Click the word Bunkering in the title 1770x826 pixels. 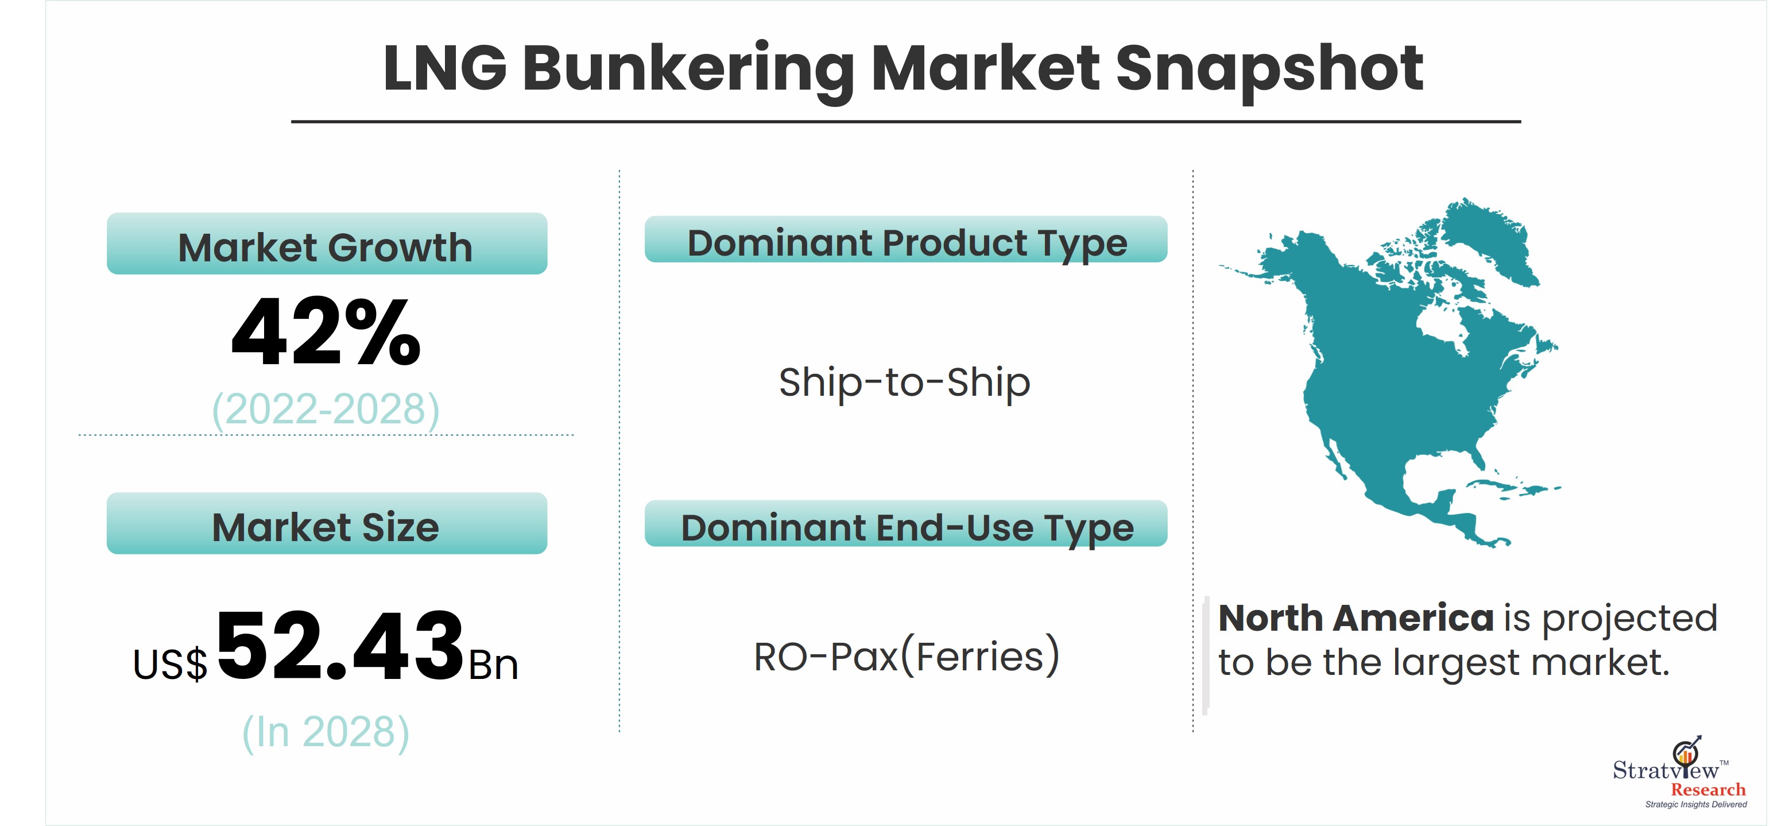pos(688,70)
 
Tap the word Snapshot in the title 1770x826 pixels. pos(1269,70)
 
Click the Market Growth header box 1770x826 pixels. pos(327,244)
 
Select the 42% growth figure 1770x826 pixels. pos(326,333)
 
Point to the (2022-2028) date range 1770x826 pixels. pos(326,410)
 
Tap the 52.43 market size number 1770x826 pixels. pos(340,646)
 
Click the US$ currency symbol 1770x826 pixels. pos(170,665)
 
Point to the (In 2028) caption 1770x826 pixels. pos(326,732)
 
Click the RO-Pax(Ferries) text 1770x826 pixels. pos(907,657)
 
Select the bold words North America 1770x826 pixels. pos(1355,618)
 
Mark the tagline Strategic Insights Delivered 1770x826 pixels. pos(1695,805)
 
